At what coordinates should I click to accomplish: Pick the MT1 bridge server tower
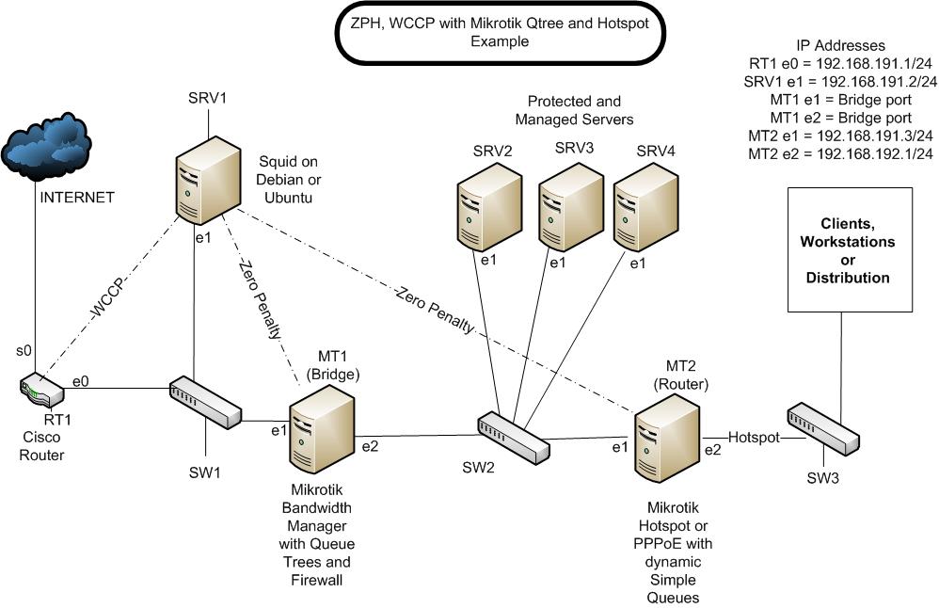[x=321, y=440]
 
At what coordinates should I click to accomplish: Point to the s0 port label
[x=25, y=350]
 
